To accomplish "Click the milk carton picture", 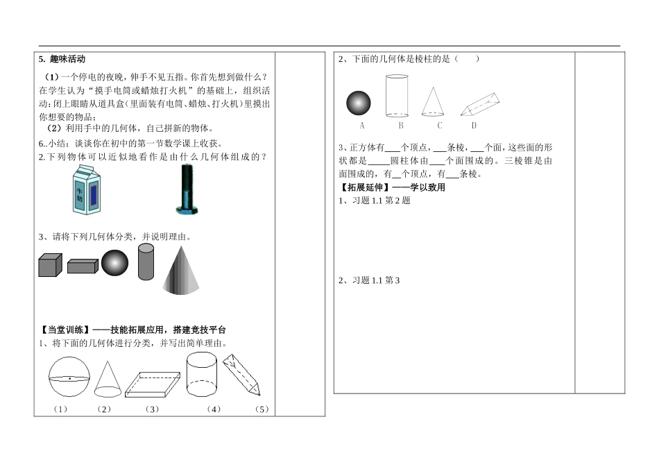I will coord(85,192).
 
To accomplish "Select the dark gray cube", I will coord(50,265).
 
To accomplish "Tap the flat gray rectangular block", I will coord(83,266).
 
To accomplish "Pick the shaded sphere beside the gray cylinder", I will coord(114,264).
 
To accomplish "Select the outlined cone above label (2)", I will coord(105,379).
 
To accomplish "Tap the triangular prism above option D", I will coord(483,104).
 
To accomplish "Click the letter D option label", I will coord(474,126).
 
